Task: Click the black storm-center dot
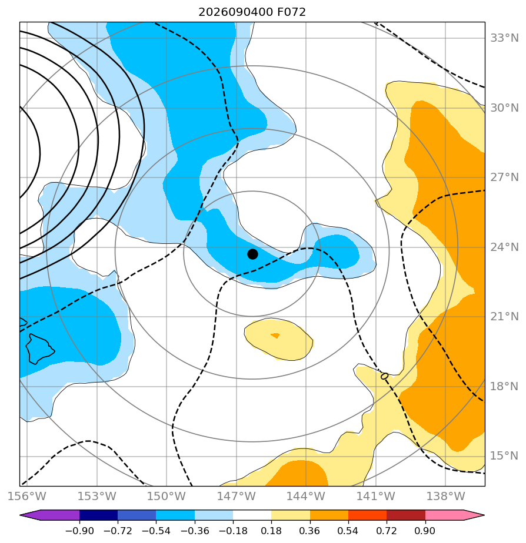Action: [x=252, y=254]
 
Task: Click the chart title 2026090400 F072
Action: [x=252, y=12]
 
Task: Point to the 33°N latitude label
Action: [x=504, y=38]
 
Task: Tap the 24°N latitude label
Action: [x=504, y=247]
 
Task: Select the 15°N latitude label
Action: [x=504, y=456]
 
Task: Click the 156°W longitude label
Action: [x=27, y=496]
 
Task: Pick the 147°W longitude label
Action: [x=237, y=496]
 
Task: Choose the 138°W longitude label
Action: [x=445, y=496]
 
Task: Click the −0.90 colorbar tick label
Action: [x=79, y=531]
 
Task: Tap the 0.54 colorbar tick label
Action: [x=348, y=531]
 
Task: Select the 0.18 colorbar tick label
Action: [x=271, y=531]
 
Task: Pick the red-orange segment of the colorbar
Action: [x=367, y=515]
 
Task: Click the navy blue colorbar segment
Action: [x=98, y=515]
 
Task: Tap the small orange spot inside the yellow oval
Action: [x=275, y=335]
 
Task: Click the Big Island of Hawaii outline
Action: [x=39, y=349]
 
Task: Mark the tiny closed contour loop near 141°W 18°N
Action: [x=385, y=376]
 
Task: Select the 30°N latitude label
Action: [x=504, y=108]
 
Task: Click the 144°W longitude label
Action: [x=306, y=496]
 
